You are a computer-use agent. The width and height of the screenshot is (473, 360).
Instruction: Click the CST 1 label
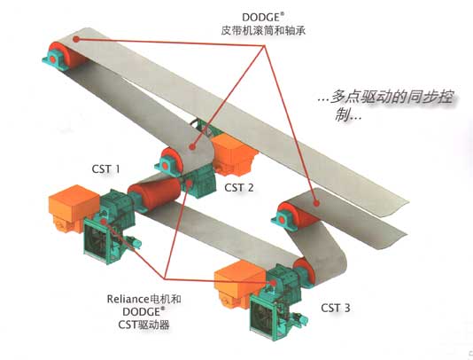pos(106,168)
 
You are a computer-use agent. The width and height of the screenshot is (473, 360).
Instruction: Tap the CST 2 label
pos(238,188)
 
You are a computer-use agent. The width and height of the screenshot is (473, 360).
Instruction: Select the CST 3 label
pos(336,308)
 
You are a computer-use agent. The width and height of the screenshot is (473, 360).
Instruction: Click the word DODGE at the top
pos(261,17)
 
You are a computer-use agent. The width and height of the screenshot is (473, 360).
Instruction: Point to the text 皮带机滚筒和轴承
pos(263,30)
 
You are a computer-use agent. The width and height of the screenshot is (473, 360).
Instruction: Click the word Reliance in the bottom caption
pos(128,299)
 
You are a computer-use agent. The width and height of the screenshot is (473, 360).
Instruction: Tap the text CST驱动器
pos(143,325)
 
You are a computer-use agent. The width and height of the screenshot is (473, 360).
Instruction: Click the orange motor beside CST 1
pos(73,208)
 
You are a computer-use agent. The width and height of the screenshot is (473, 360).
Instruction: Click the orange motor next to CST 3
pos(239,285)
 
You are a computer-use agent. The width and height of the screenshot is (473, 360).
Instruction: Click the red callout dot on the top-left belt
pos(77,39)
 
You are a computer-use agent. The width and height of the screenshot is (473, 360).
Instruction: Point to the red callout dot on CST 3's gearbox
pos(274,283)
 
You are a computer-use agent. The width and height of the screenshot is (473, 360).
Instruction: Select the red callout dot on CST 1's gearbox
pos(104,222)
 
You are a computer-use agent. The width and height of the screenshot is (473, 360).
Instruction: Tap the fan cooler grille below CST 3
pos(266,317)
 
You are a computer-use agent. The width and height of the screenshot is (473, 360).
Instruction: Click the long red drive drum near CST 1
pos(156,190)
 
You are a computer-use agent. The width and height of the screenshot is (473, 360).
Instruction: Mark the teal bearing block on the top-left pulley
pos(54,59)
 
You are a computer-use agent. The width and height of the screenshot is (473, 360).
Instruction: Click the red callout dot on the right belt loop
pos(316,203)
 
